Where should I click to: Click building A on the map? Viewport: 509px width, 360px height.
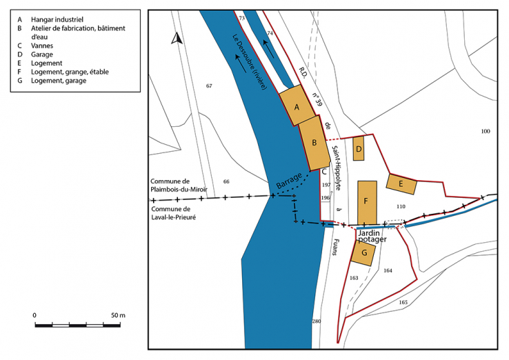[x=298, y=106]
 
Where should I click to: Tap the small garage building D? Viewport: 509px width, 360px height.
[x=358, y=148]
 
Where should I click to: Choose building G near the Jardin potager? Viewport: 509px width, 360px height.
[x=363, y=253]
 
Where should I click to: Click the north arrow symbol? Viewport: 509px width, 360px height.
[x=177, y=39]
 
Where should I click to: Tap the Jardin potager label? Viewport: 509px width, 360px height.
[x=372, y=237]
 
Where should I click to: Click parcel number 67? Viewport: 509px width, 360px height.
[x=209, y=86]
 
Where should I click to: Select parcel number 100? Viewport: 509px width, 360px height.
[x=485, y=131]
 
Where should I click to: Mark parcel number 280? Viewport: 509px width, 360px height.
[x=317, y=322]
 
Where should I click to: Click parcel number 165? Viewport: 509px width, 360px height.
[x=403, y=303]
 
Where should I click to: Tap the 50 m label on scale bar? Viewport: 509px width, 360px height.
[x=117, y=314]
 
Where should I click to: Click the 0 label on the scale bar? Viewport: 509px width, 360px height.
[x=35, y=314]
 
